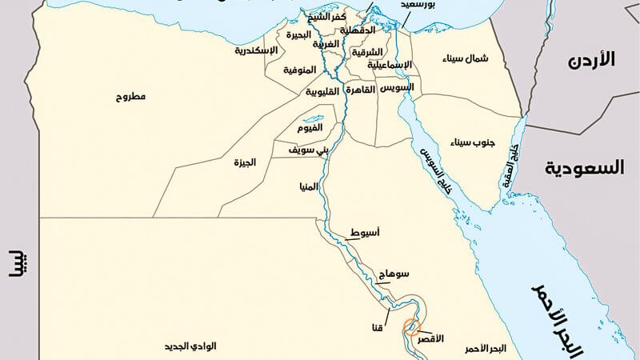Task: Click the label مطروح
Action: coord(129,97)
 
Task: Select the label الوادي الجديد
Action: coord(192,348)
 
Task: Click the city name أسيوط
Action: coord(366,233)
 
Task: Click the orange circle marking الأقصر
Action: coord(410,326)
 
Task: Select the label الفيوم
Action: coord(310,128)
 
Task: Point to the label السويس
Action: coord(398,87)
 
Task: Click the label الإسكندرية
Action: coord(256,50)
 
